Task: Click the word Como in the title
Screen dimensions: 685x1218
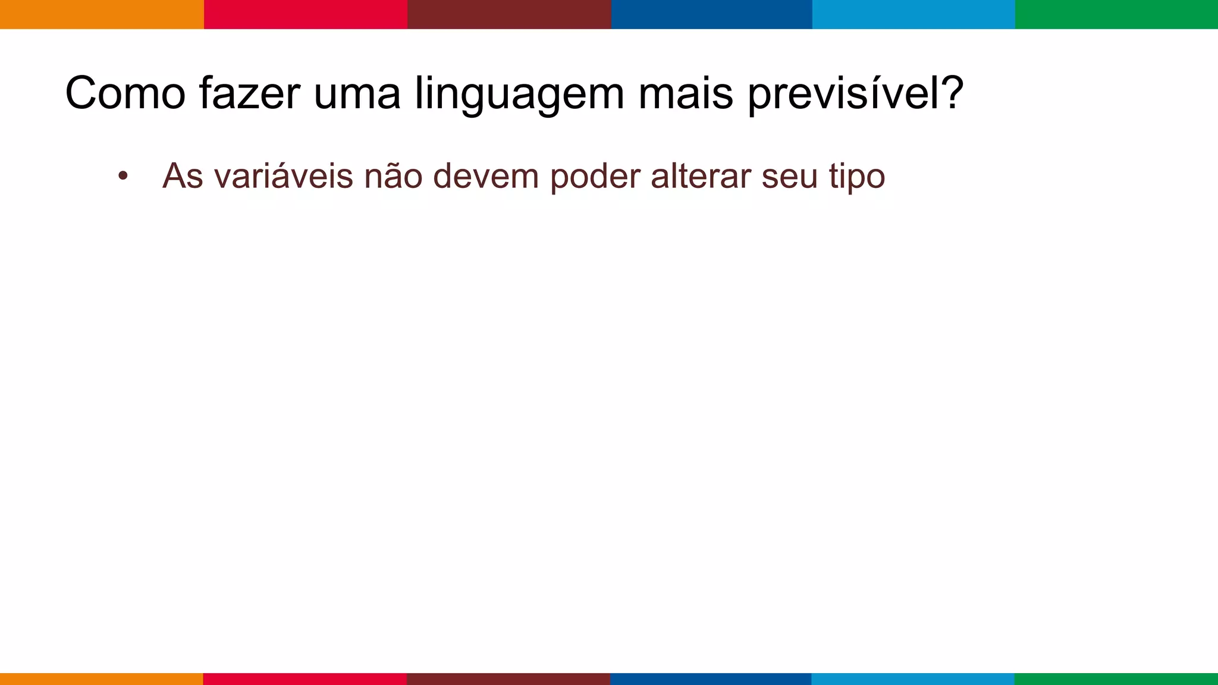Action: tap(125, 93)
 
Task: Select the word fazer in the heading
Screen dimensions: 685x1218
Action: tap(249, 93)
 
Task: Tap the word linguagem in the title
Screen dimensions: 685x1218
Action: tap(519, 95)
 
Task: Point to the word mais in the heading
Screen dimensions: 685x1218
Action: tap(685, 93)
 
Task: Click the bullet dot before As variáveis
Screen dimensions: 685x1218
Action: tap(123, 176)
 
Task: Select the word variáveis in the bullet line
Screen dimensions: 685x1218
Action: tap(284, 177)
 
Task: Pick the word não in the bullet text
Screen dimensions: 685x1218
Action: tap(393, 177)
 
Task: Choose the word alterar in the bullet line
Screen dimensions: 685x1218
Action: tap(701, 177)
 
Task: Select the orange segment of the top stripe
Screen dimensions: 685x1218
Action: tap(102, 14)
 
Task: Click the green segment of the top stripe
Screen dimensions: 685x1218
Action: tap(1116, 14)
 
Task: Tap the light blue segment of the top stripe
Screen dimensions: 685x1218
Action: tap(913, 14)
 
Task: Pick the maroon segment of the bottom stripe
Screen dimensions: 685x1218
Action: tap(508, 678)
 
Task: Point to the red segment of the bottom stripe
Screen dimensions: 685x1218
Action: tap(305, 678)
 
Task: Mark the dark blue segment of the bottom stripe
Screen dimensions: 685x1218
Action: tap(711, 678)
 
